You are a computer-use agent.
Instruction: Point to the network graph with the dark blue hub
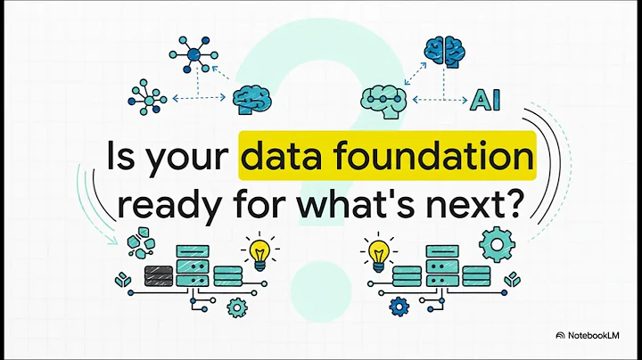[x=194, y=53]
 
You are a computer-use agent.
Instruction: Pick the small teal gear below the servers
[x=236, y=308]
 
